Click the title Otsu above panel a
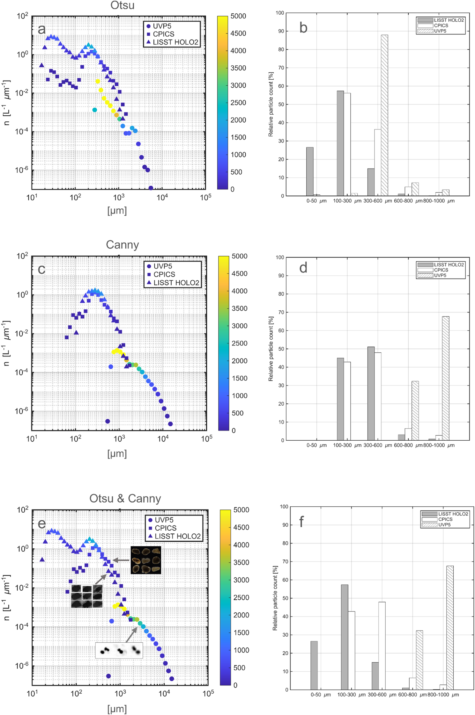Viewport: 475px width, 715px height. [x=122, y=5]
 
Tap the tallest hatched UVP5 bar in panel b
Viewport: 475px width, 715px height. [x=384, y=115]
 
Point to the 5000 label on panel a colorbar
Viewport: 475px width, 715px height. [x=238, y=16]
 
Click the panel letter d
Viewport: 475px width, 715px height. [x=303, y=268]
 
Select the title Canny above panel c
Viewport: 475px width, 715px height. [x=122, y=245]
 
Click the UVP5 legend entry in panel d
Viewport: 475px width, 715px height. [x=440, y=275]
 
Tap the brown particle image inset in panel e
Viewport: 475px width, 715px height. [x=146, y=560]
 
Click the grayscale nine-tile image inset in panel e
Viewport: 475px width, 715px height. [x=87, y=596]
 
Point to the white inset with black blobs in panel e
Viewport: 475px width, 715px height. [x=119, y=650]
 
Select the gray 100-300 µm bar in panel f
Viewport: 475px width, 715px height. [x=345, y=637]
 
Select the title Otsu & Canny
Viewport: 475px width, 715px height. [x=125, y=499]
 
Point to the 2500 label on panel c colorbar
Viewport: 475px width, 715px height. [x=239, y=343]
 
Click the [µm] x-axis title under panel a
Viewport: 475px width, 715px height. [x=117, y=211]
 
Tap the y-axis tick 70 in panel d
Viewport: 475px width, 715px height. [x=281, y=313]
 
